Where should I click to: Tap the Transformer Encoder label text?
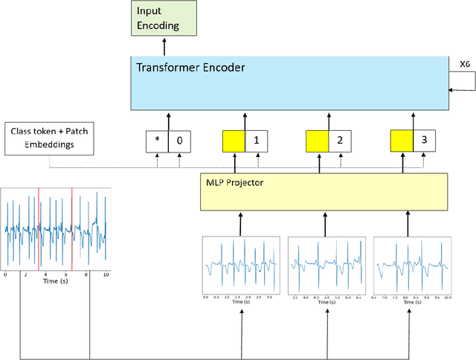191,67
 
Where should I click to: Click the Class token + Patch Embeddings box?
50,138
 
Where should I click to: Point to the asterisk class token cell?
157,139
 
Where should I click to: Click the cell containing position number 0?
180,139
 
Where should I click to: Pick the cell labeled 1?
257,139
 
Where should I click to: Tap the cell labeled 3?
424,139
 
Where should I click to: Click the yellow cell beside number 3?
402,139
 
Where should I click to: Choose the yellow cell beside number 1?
234,139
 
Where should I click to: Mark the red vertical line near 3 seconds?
39,228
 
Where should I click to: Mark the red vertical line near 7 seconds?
72,228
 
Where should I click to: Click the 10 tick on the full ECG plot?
106,274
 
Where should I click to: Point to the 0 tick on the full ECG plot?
5,274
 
